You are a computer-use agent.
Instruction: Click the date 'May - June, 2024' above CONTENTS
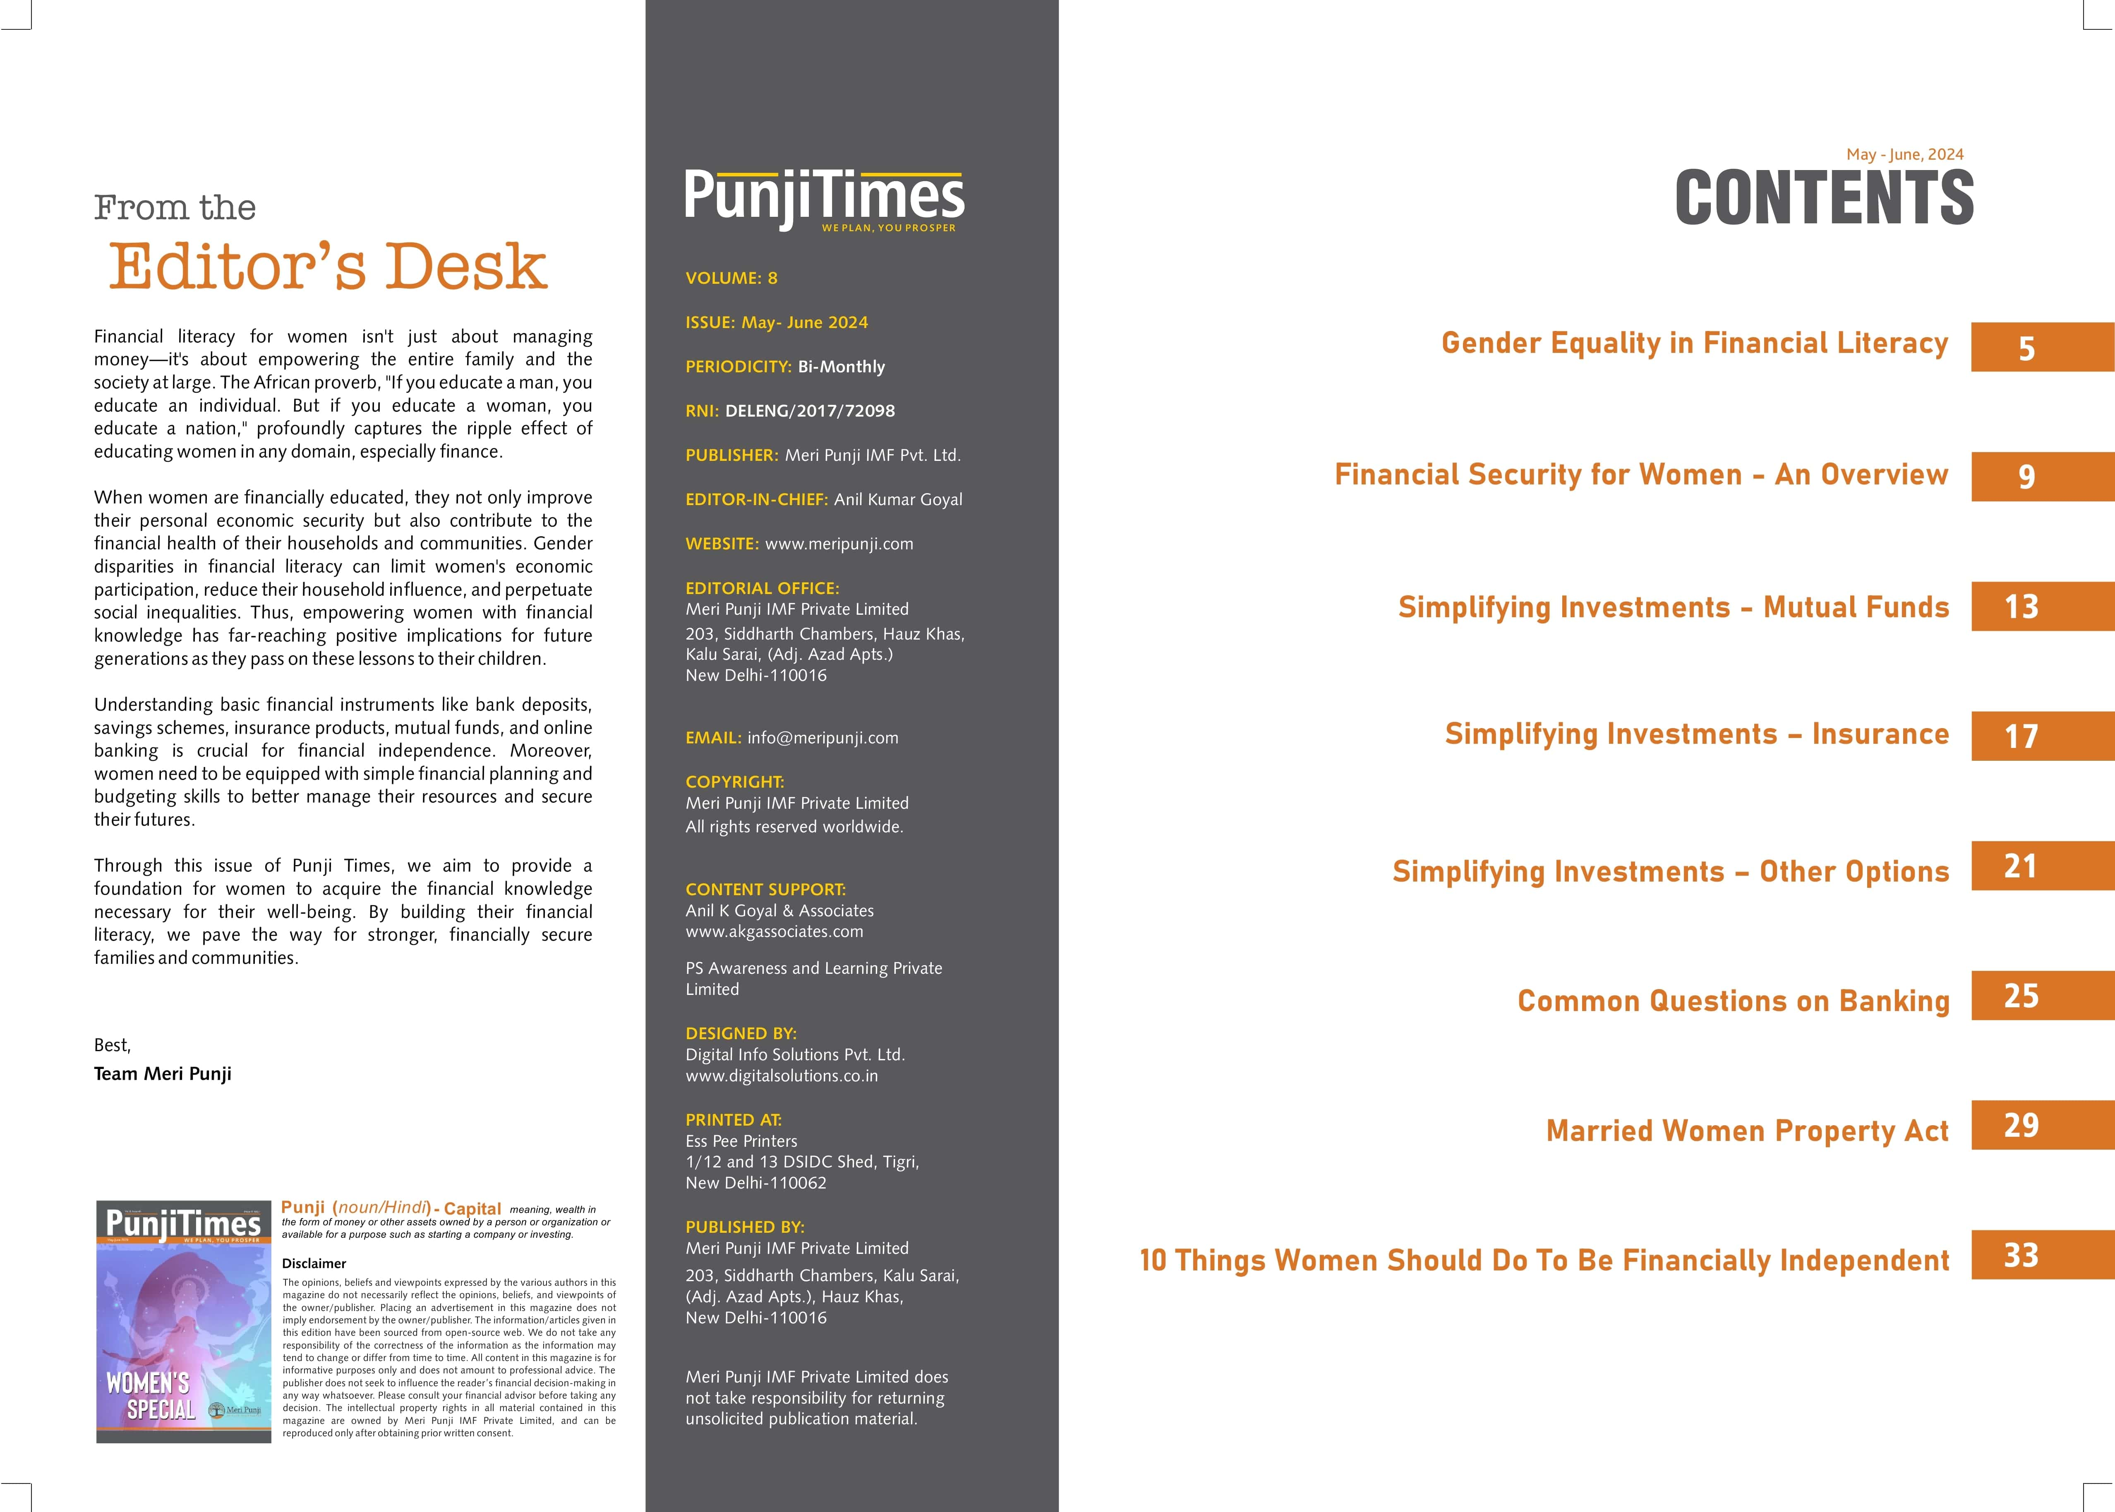(x=1905, y=155)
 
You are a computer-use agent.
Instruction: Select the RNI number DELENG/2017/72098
(x=810, y=411)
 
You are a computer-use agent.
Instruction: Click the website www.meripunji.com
(x=839, y=544)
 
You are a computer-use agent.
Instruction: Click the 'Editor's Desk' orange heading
(x=328, y=267)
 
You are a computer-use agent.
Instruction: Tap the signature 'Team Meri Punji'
(x=163, y=1073)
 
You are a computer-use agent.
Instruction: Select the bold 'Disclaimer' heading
(x=314, y=1263)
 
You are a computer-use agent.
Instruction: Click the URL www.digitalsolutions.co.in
(x=781, y=1075)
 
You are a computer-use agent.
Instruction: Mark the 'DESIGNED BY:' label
(x=741, y=1033)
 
